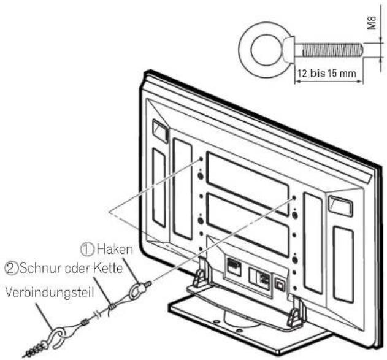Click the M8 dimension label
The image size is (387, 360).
point(372,23)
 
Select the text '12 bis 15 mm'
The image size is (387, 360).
point(327,74)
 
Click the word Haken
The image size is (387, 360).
point(115,249)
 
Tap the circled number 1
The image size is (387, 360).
point(88,250)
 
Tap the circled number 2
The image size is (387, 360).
point(12,269)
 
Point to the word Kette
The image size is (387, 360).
point(108,268)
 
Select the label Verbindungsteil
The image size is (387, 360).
point(49,293)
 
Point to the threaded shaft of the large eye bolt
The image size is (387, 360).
point(329,50)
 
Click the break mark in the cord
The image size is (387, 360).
point(98,315)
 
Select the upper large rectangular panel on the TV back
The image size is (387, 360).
point(248,183)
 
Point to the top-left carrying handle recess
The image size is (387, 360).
point(160,131)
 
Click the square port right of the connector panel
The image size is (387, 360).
point(280,285)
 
